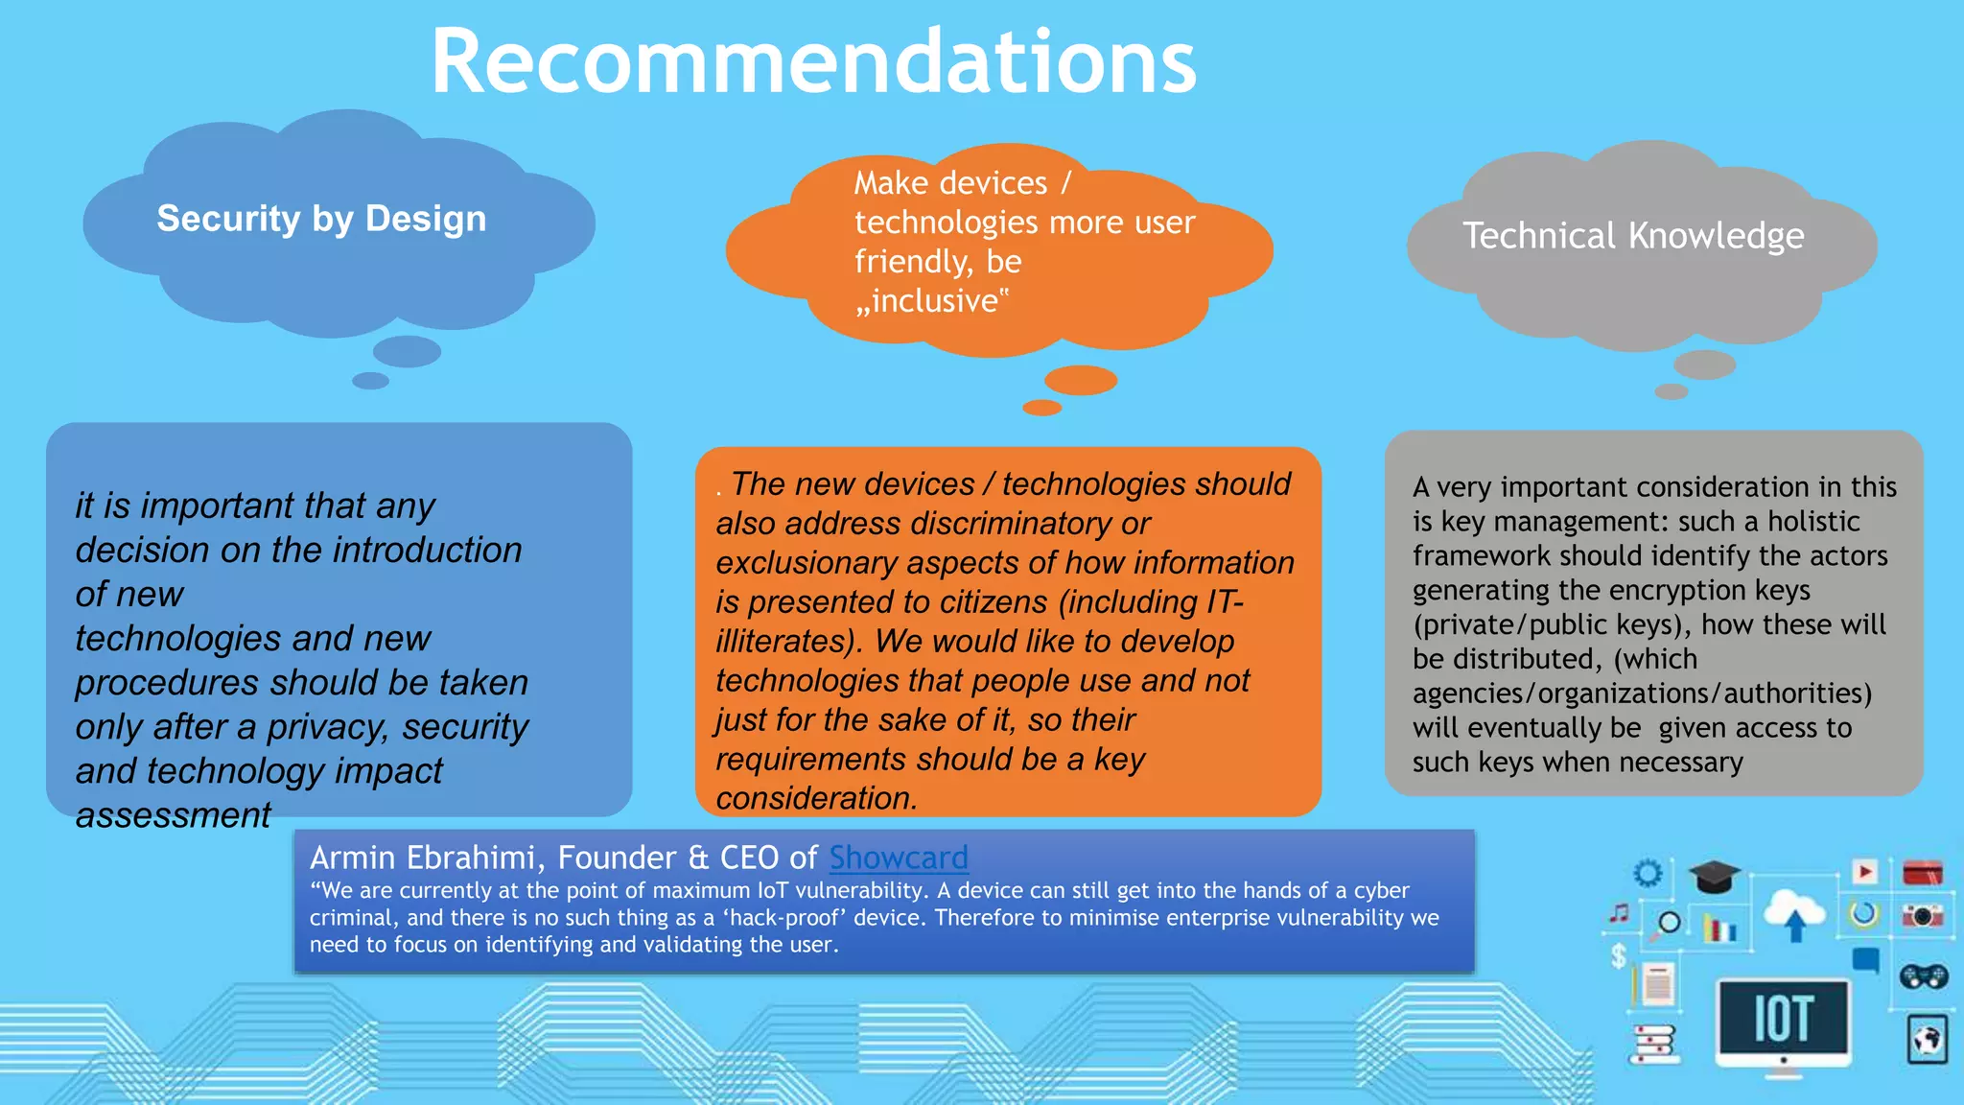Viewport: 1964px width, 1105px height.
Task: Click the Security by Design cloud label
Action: click(321, 219)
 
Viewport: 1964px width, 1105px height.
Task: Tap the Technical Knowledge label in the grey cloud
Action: click(1633, 235)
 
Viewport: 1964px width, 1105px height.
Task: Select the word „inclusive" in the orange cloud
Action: click(931, 301)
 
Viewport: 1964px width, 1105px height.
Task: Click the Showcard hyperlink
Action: click(899, 857)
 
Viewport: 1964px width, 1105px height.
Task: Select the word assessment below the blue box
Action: click(174, 815)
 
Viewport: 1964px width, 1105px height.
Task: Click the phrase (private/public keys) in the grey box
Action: click(1553, 624)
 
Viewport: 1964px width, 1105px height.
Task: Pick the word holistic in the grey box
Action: click(1813, 521)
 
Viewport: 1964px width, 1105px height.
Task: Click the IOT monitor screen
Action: click(1783, 1018)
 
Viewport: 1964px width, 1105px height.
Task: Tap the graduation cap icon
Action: click(1714, 876)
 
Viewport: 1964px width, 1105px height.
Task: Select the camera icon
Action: click(1923, 916)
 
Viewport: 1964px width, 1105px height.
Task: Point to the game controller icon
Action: click(1923, 976)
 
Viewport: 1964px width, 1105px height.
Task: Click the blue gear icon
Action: click(1648, 873)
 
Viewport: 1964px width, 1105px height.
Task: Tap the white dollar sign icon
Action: click(1619, 955)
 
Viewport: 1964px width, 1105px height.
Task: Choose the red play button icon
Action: click(1864, 872)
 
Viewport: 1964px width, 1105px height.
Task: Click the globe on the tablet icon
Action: click(1927, 1040)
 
